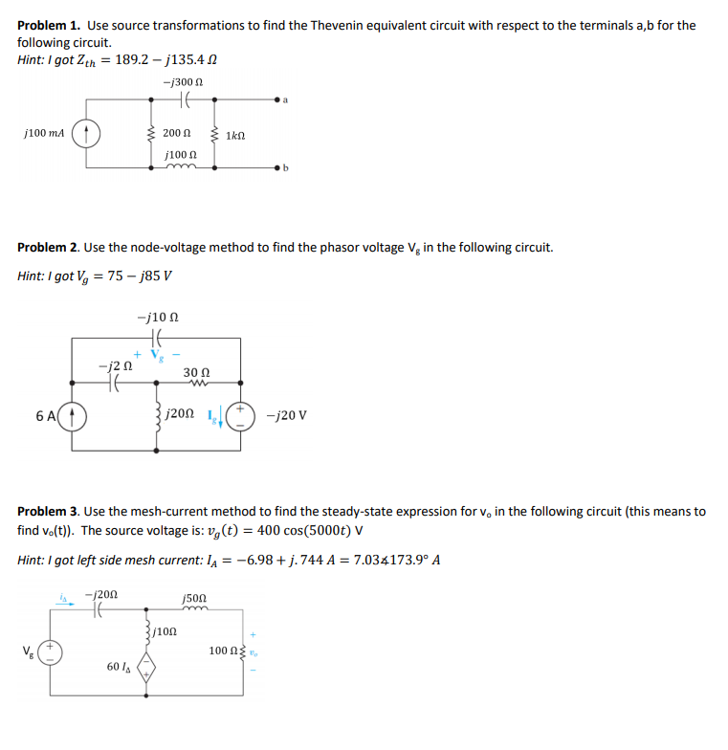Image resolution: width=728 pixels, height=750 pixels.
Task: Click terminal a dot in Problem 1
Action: [x=279, y=98]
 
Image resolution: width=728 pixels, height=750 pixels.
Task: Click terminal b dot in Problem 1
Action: [x=279, y=168]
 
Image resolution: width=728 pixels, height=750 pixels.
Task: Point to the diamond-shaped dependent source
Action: [x=146, y=666]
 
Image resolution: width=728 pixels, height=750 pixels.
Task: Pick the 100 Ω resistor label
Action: [x=220, y=651]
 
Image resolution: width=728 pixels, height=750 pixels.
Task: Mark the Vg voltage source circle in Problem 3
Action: [x=52, y=651]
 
